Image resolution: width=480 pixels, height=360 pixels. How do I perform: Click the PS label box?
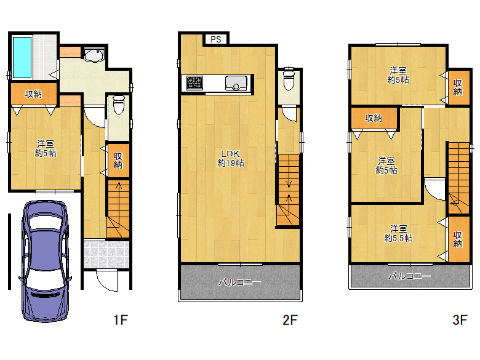[x=216, y=39]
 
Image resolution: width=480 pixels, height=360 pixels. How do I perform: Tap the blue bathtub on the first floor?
[x=22, y=57]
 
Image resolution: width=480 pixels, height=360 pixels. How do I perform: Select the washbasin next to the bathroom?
[x=94, y=55]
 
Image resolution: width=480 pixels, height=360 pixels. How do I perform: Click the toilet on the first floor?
[x=119, y=105]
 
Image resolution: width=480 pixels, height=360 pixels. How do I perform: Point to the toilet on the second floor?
[x=289, y=79]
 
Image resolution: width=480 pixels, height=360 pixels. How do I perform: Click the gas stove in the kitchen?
[x=194, y=83]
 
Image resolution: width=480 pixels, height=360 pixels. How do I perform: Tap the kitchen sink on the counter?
[x=236, y=83]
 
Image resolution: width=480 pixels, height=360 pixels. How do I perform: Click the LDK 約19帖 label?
[x=231, y=158]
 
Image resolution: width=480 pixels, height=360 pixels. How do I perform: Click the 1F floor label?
[x=121, y=320]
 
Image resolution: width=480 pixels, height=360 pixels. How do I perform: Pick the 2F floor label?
[x=290, y=320]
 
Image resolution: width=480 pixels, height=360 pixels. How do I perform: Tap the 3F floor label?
[x=460, y=320]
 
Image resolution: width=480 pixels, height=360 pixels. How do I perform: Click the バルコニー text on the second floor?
[x=240, y=282]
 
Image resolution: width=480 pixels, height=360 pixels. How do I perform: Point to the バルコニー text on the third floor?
[x=410, y=276]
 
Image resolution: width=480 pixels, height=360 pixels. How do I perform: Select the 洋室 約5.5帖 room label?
[x=398, y=233]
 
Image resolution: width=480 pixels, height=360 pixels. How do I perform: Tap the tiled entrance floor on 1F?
[x=106, y=254]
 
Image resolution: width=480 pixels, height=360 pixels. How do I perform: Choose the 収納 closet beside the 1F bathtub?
[x=33, y=94]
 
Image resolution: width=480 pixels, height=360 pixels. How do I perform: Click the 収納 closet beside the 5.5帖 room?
[x=458, y=239]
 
